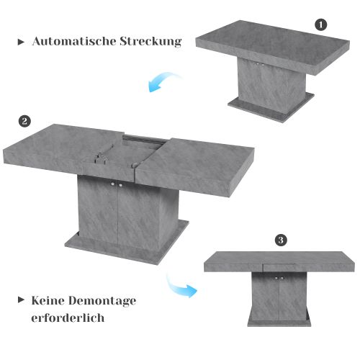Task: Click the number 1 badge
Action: point(321,24)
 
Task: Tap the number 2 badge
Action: point(24,120)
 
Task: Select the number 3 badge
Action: point(282,240)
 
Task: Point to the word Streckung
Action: point(150,42)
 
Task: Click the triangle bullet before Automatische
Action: point(20,42)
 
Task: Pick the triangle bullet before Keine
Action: point(20,300)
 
